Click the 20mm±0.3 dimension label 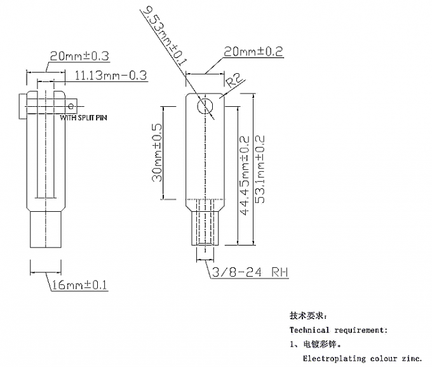[x=79, y=57]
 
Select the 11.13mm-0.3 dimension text [x=111, y=75]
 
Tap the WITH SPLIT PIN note [x=83, y=118]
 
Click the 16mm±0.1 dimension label [x=79, y=286]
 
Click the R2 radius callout [x=233, y=81]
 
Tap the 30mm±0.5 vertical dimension [x=156, y=152]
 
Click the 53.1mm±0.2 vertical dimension [x=260, y=169]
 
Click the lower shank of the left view [x=46, y=229]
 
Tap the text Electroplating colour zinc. [x=362, y=359]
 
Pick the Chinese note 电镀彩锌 [x=320, y=344]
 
